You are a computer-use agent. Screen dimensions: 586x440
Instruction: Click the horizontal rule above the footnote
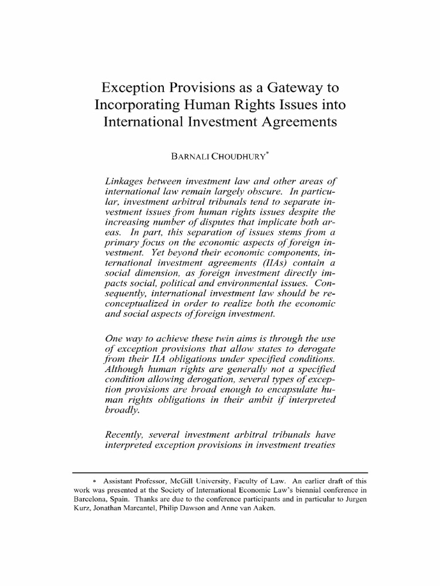click(x=220, y=473)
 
